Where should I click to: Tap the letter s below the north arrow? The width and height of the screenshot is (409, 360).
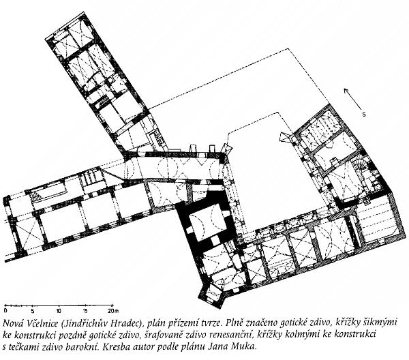[364, 115]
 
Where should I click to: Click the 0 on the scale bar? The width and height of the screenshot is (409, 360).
[5, 311]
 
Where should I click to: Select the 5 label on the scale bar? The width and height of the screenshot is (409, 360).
[32, 311]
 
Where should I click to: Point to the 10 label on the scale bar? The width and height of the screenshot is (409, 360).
[59, 311]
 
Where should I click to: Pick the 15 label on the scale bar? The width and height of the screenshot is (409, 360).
[86, 311]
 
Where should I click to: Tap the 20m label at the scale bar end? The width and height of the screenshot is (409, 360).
[113, 311]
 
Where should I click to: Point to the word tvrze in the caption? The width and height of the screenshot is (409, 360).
[212, 323]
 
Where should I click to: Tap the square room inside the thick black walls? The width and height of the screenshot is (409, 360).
[208, 219]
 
